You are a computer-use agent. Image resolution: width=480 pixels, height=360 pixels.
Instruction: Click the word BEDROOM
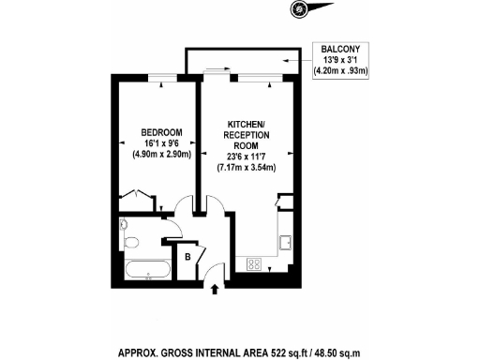click(161, 131)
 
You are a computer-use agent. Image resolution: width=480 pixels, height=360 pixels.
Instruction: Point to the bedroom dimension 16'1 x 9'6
click(161, 142)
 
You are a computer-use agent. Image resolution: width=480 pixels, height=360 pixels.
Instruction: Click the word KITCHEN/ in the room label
click(247, 125)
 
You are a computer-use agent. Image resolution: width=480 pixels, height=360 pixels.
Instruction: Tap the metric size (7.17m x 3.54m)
click(247, 167)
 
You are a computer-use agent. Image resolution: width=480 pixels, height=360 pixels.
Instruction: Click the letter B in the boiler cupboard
click(188, 255)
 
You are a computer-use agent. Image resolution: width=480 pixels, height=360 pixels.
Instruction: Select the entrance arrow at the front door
click(218, 288)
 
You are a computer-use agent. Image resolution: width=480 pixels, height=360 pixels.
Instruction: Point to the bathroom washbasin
click(126, 226)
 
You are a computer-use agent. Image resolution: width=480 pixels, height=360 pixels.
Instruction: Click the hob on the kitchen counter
click(253, 264)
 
